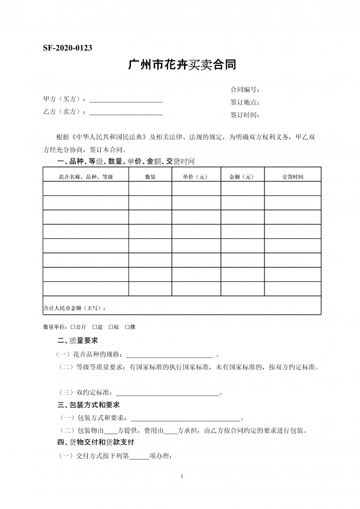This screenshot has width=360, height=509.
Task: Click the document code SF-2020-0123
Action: click(67, 48)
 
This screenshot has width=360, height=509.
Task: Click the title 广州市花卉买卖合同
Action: click(182, 65)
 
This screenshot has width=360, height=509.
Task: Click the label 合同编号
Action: click(245, 90)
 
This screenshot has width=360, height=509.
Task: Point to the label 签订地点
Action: click(245, 102)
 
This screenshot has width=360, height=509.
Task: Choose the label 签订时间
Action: click(245, 115)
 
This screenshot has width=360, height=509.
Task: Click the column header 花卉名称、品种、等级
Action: click(85, 177)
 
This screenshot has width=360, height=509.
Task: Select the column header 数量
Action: click(150, 177)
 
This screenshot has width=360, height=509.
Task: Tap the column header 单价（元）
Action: click(196, 177)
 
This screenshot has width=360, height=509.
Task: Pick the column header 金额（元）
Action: click(242, 177)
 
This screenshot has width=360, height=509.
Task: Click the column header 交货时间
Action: click(292, 177)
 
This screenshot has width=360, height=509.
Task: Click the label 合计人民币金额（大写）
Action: click(75, 308)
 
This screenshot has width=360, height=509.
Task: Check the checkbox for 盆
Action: click(94, 327)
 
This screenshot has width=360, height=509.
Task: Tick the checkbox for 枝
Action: click(111, 327)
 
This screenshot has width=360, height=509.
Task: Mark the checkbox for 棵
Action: click(127, 327)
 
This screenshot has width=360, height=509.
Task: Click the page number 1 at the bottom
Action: click(181, 476)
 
